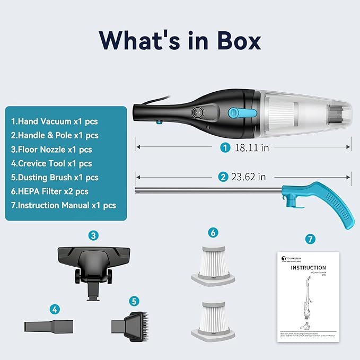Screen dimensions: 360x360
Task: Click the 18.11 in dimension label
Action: (x=251, y=148)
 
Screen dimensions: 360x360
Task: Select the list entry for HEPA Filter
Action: (x=50, y=191)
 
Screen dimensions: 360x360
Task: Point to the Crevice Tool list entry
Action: (x=51, y=163)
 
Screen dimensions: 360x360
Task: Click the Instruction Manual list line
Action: (x=64, y=205)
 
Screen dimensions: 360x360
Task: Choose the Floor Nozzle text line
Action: (x=51, y=150)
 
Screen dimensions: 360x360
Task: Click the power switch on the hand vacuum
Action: (x=197, y=113)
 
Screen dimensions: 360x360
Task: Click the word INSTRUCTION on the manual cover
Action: (x=308, y=267)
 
